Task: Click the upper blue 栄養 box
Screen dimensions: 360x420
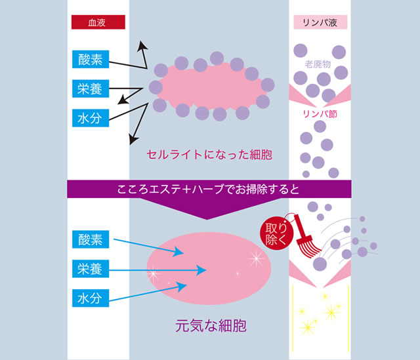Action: pos(91,89)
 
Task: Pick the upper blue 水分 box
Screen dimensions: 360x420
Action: pos(91,117)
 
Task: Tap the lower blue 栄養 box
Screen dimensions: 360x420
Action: pos(91,269)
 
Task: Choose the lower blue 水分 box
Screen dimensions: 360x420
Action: pos(91,298)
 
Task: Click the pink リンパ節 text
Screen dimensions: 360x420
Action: pos(320,113)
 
